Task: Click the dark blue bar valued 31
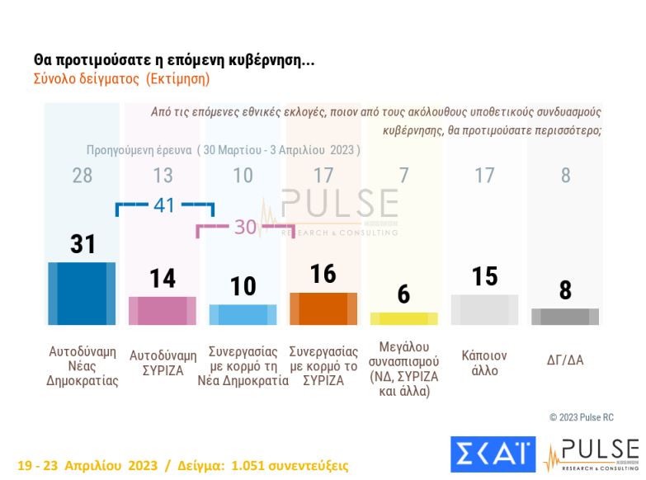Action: (x=82, y=294)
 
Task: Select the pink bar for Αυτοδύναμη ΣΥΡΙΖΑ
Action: (x=163, y=310)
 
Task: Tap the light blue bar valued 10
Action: (x=243, y=315)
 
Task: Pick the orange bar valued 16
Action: (x=323, y=308)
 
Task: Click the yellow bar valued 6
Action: (x=403, y=318)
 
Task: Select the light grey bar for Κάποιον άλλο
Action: (x=484, y=309)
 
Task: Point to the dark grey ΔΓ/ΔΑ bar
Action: (x=565, y=317)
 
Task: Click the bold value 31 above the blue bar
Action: (x=83, y=244)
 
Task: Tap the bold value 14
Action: (x=163, y=279)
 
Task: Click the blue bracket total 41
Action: (x=164, y=205)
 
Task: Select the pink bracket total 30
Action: (x=245, y=228)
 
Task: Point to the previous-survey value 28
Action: (x=83, y=176)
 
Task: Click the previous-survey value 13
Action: (x=163, y=176)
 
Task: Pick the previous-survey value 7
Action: (x=403, y=176)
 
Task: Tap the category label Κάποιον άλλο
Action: (x=484, y=364)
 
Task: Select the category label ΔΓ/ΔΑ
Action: (x=565, y=360)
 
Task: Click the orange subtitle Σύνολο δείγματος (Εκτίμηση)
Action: (x=121, y=80)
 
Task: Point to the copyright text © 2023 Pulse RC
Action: (x=582, y=417)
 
